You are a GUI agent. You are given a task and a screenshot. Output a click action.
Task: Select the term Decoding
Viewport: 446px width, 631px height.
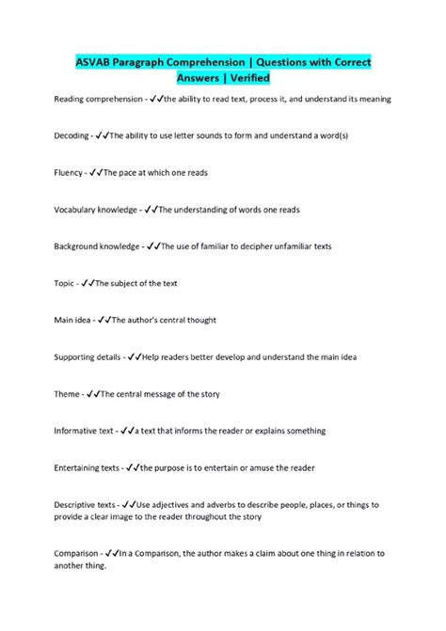coord(72,135)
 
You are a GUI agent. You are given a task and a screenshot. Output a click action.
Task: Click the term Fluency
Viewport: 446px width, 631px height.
coord(69,172)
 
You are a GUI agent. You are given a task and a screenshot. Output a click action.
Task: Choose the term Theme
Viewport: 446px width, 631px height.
coord(67,394)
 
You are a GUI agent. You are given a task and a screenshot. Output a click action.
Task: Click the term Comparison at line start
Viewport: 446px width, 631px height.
coord(78,553)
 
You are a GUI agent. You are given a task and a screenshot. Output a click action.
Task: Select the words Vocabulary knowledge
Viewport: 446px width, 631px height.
coord(97,209)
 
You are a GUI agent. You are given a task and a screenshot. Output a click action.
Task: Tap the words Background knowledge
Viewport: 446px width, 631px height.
coord(97,246)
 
